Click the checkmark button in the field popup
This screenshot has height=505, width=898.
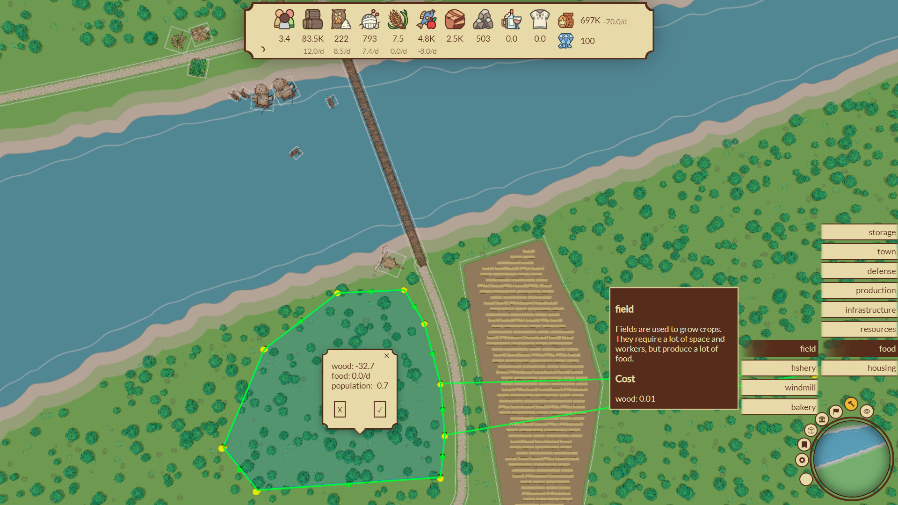click(x=379, y=410)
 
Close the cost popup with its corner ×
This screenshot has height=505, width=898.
click(x=387, y=356)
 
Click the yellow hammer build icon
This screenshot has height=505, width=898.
click(x=851, y=404)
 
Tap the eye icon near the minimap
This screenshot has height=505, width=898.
click(x=867, y=411)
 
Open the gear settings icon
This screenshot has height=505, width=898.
click(x=802, y=460)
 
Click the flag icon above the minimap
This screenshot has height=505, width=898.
click(x=836, y=411)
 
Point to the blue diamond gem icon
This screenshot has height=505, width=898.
click(x=565, y=41)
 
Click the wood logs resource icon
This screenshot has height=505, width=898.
click(x=312, y=20)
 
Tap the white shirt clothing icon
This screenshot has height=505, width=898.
click(x=539, y=20)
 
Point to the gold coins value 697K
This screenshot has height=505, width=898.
click(x=590, y=21)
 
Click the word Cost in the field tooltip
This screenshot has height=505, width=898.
click(x=625, y=379)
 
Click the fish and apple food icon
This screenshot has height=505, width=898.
click(x=426, y=20)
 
